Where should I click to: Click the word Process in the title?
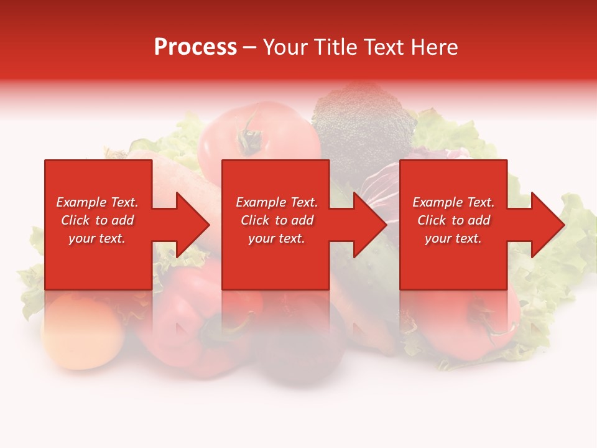tap(195, 47)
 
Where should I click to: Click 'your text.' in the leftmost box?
tap(97, 238)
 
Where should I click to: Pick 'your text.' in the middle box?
tap(276, 238)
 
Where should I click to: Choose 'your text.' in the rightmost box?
tap(453, 238)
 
